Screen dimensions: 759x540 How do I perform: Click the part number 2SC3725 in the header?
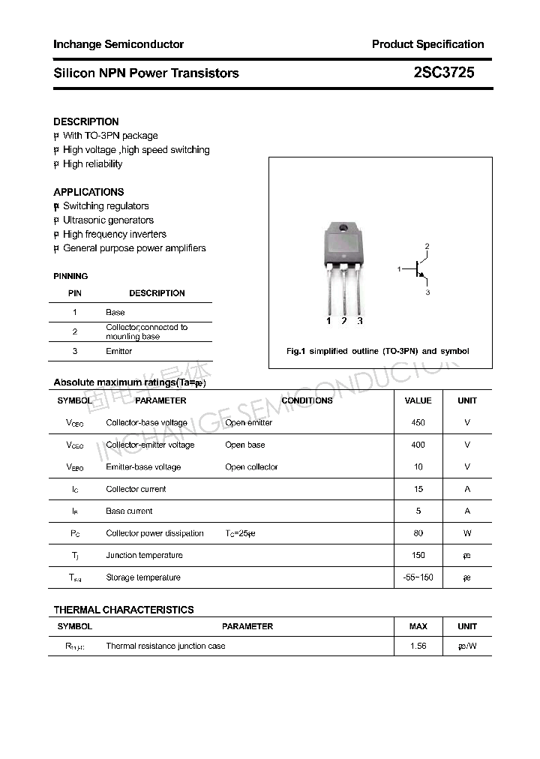443,73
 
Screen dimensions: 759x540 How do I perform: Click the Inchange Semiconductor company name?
118,44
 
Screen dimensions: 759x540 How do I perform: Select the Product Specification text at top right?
427,44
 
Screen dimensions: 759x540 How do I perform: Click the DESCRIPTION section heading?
86,121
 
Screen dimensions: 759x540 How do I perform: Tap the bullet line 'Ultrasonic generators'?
108,220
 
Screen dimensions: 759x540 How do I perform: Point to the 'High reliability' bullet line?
92,164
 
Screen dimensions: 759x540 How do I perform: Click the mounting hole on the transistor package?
343,228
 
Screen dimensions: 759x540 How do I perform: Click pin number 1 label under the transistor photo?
328,321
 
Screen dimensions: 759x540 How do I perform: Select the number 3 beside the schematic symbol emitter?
427,292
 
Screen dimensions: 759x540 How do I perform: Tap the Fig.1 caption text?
378,351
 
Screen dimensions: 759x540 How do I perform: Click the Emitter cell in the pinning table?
119,351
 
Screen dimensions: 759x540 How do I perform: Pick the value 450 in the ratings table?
418,423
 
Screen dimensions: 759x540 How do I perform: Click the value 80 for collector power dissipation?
418,533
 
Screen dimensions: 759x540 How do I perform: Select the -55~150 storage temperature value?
418,577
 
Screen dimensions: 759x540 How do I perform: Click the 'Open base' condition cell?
244,445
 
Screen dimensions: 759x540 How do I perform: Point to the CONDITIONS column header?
307,400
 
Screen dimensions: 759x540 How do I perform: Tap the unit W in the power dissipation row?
467,533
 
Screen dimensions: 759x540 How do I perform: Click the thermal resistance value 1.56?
418,646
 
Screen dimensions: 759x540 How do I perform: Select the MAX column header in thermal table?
418,626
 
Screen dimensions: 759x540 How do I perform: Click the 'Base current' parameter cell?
129,511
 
